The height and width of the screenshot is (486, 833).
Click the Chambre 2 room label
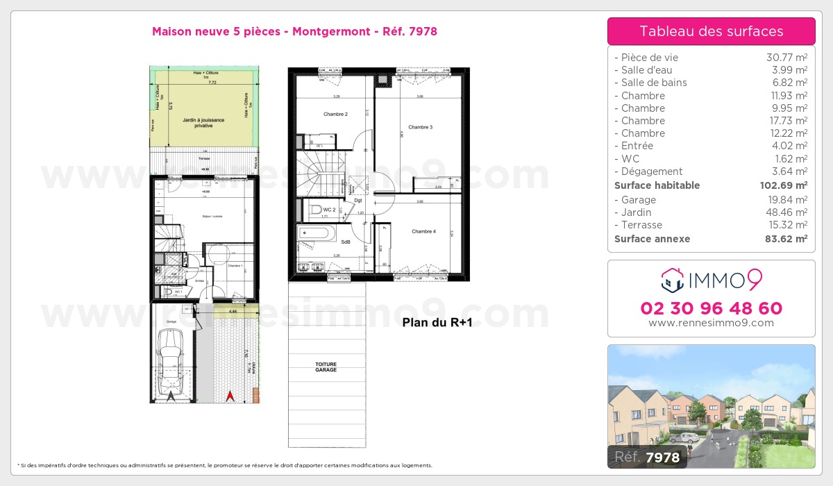tap(335, 114)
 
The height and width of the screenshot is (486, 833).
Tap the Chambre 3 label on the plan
tap(420, 127)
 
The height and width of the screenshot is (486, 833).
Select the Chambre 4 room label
tap(423, 231)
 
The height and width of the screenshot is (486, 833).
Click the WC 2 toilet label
tap(329, 209)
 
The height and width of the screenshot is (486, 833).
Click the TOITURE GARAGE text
tap(326, 367)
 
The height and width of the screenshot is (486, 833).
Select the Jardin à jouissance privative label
tap(203, 124)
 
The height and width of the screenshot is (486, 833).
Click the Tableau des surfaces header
tap(711, 31)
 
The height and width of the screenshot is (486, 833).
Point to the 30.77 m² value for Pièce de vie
tap(786, 58)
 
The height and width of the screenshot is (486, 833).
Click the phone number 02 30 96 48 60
tap(711, 308)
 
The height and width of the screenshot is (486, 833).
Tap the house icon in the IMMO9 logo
tap(672, 281)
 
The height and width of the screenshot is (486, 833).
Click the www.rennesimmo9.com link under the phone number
tap(711, 323)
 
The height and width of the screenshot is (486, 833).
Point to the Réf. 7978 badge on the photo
tap(648, 456)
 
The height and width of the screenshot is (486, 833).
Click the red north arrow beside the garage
tap(230, 396)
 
